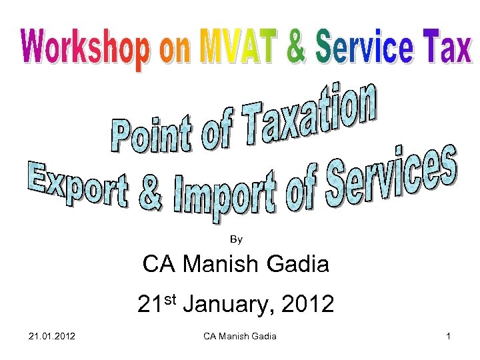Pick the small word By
[236, 239]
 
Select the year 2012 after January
[307, 305]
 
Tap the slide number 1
[449, 335]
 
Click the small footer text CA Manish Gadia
[239, 335]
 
